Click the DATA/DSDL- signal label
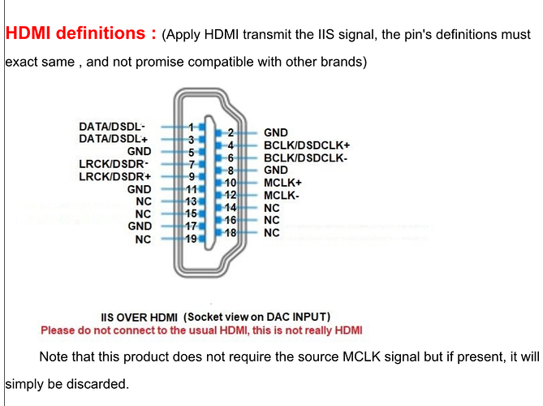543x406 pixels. [112, 127]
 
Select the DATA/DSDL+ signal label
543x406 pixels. [112, 139]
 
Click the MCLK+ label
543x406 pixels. [282, 183]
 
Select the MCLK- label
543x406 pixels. [281, 196]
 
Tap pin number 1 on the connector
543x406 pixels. [192, 127]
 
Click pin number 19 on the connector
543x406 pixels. [192, 239]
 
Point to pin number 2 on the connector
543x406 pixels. [231, 133]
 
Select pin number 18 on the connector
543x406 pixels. [231, 233]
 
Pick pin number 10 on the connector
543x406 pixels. [231, 183]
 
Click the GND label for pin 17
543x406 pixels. [140, 226]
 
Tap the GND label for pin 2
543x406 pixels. [276, 132]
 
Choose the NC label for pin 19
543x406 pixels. [143, 239]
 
